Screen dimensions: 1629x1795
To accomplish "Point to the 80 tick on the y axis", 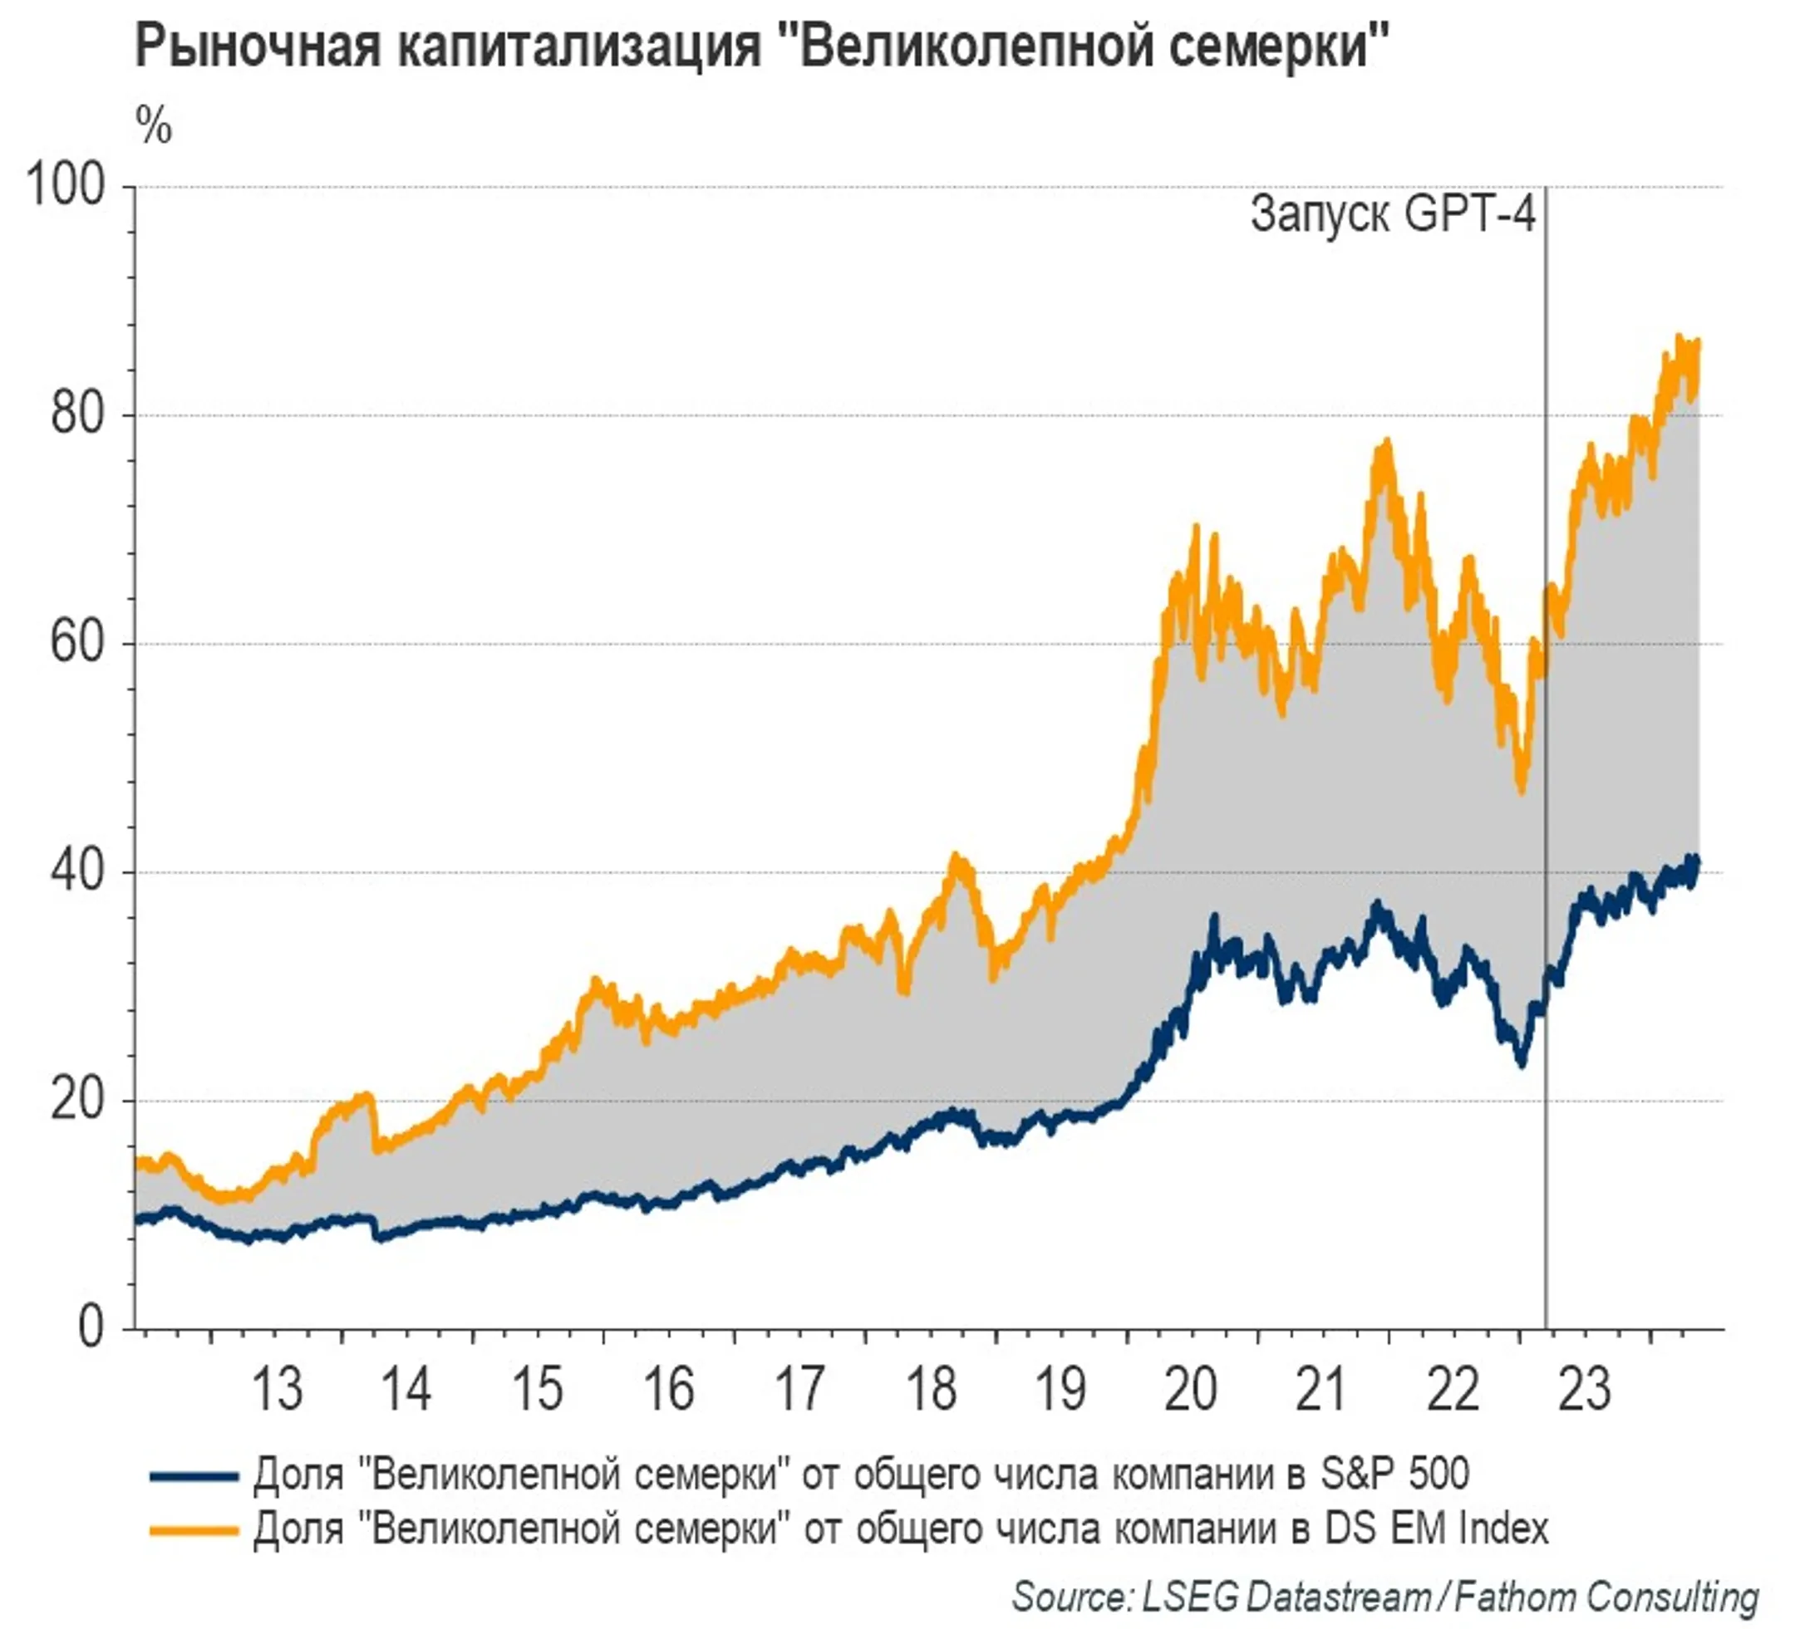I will click(x=77, y=415).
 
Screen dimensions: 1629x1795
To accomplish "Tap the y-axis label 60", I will click(x=77, y=643).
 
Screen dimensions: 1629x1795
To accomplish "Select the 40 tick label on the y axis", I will click(x=77, y=871).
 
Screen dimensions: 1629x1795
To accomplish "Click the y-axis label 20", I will click(x=77, y=1100).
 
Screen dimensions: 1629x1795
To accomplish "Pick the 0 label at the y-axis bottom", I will click(x=91, y=1328).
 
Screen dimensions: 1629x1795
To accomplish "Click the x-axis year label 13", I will click(x=277, y=1390).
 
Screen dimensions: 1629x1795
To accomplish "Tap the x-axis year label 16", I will click(x=668, y=1390).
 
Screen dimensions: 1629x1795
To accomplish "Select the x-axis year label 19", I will click(x=1060, y=1390).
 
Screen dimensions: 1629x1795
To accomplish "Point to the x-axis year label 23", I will click(x=1584, y=1390).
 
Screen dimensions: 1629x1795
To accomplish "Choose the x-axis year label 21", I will click(x=1320, y=1390).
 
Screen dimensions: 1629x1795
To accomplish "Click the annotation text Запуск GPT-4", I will click(x=1393, y=215).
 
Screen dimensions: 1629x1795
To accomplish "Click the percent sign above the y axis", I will click(x=153, y=126).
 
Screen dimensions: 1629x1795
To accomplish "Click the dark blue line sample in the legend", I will click(x=194, y=1476).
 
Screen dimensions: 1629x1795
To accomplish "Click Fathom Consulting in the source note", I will click(x=1606, y=1596).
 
